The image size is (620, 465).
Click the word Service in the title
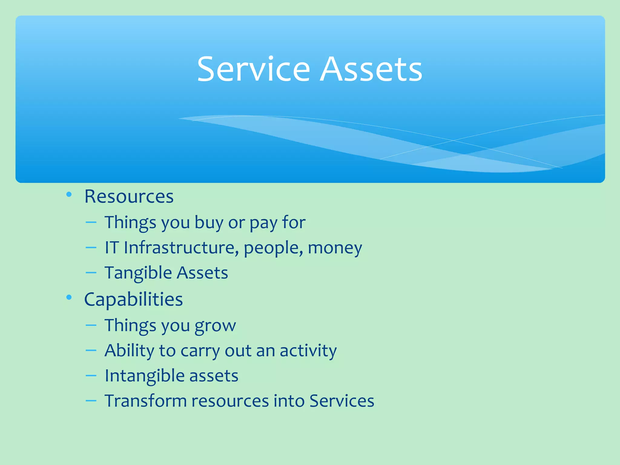coord(253,69)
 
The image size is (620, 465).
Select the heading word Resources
coord(129,196)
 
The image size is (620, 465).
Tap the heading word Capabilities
coord(134,299)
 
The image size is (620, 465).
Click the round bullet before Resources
coord(69,194)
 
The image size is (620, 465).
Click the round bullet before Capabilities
coord(69,297)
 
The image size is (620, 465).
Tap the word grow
coord(215,326)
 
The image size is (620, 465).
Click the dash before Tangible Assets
coord(91,272)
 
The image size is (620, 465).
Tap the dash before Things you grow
coord(91,325)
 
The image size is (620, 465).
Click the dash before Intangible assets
coord(91,375)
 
